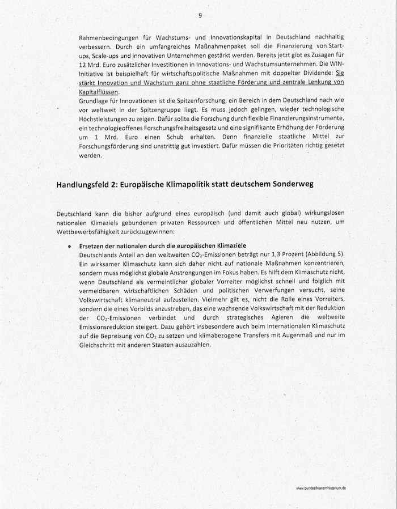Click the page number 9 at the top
coord(200,15)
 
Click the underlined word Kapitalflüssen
coord(99,91)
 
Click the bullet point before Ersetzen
coord(69,247)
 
